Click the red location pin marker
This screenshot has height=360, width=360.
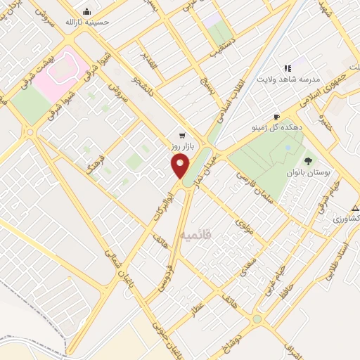pyautogui.click(x=181, y=167)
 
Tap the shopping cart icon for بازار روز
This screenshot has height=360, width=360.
pyautogui.click(x=183, y=135)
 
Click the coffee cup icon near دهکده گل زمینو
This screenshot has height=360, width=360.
pyautogui.click(x=277, y=117)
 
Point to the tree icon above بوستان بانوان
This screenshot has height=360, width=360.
pyautogui.click(x=307, y=161)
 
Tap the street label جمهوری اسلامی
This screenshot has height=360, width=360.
pyautogui.click(x=310, y=94)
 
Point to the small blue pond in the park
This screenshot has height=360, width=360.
pyautogui.click(x=287, y=148)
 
